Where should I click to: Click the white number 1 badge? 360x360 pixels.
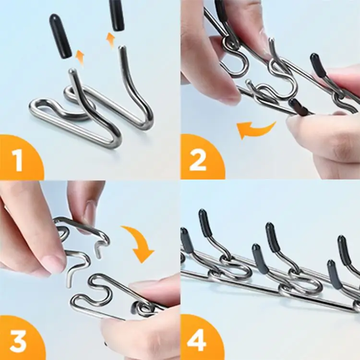[18, 161]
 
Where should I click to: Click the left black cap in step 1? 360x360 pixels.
[60, 36]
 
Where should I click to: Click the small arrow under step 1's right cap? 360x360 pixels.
[111, 40]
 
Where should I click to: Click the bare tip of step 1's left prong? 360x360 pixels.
[72, 72]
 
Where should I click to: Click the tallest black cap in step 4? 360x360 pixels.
[205, 223]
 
